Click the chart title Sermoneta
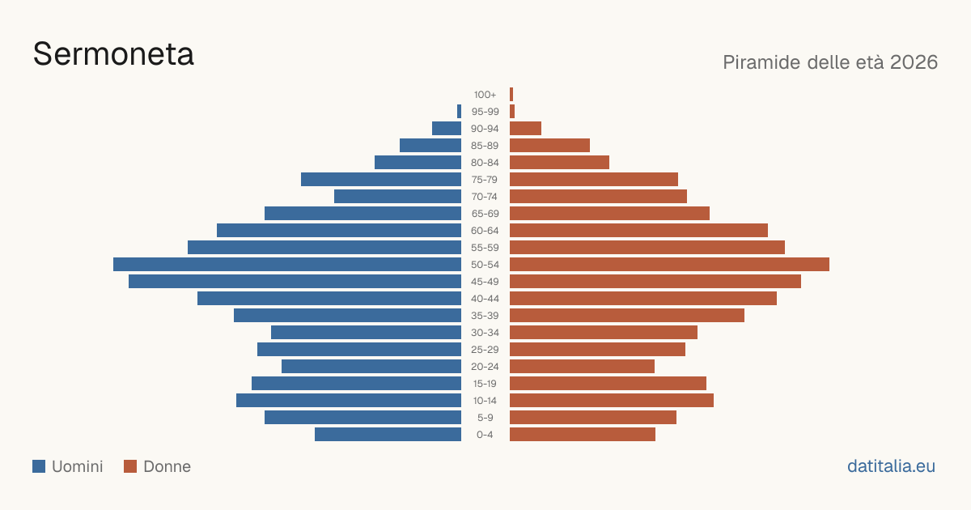tap(113, 54)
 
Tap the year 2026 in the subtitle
tap(914, 62)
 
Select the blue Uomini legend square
tap(39, 466)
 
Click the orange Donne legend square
tap(130, 466)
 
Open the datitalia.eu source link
tap(891, 466)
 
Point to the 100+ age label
tap(485, 95)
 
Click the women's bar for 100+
tap(511, 94)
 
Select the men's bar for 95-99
tap(459, 111)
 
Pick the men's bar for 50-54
tap(287, 264)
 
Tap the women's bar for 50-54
tap(669, 264)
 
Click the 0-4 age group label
tap(485, 435)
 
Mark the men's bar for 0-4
tap(388, 434)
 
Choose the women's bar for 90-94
tap(525, 129)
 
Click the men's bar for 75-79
tap(381, 179)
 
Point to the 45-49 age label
tap(485, 282)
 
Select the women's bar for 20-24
tap(582, 367)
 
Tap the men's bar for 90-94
tap(447, 129)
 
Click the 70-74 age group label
tap(485, 197)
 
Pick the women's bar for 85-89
tap(549, 145)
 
